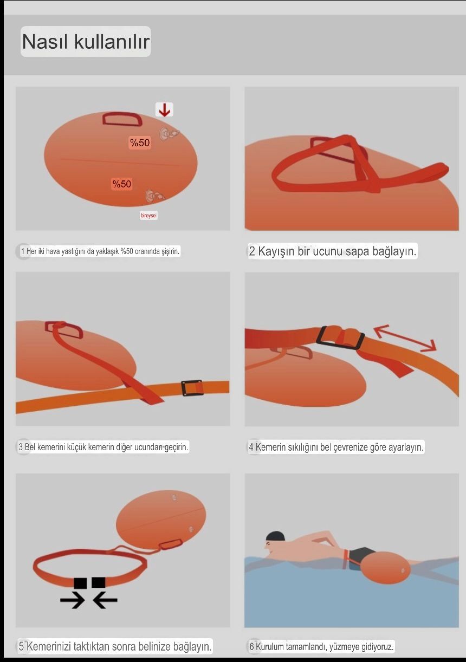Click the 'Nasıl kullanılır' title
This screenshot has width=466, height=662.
[86, 42]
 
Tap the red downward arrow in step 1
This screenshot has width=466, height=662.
[164, 109]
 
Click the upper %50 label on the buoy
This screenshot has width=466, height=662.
[140, 142]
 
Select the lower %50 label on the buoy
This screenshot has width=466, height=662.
[121, 184]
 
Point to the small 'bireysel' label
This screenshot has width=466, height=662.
[148, 216]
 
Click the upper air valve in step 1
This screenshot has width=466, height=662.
[168, 134]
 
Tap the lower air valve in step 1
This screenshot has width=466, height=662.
[154, 196]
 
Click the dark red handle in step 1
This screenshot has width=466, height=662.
[122, 119]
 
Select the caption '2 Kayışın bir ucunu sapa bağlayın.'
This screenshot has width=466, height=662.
[333, 251]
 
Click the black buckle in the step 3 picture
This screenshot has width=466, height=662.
[192, 388]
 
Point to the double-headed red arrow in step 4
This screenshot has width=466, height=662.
[405, 338]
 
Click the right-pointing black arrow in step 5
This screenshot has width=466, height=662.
[73, 600]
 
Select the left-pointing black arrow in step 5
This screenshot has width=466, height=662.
[105, 600]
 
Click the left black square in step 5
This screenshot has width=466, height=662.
[80, 582]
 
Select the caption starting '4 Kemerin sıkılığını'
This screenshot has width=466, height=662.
[336, 447]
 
